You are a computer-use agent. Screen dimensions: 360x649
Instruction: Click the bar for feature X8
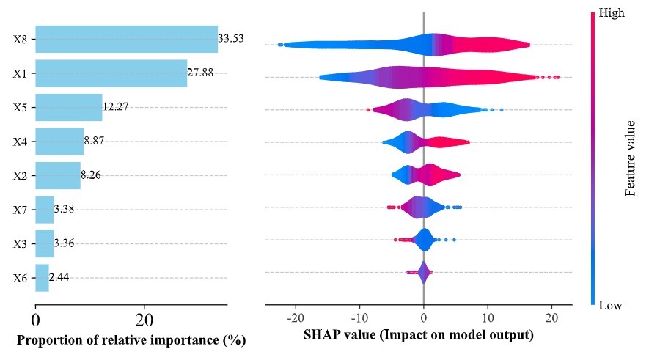point(126,39)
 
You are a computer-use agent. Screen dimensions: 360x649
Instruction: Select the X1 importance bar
point(111,73)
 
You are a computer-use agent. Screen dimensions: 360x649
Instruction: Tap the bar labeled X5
point(68,107)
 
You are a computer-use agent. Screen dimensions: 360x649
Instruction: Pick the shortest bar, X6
point(42,278)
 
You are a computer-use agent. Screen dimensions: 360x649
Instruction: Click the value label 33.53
point(230,38)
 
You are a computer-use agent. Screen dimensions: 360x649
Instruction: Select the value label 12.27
point(116,107)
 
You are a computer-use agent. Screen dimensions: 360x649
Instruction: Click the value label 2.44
point(59,278)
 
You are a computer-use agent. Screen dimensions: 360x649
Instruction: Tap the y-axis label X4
point(21,142)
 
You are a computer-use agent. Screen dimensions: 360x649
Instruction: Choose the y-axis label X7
point(21,210)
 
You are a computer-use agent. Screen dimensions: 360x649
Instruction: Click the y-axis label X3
point(21,244)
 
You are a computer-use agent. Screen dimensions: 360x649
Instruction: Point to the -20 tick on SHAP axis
point(296,319)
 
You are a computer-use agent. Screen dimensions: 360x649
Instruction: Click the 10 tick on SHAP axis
point(488,319)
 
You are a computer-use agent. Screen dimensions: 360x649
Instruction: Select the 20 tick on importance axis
point(144,320)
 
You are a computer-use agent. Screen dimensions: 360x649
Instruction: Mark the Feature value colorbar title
point(630,158)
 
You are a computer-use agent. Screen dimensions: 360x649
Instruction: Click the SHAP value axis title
point(418,337)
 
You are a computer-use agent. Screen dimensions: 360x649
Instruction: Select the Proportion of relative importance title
point(131,340)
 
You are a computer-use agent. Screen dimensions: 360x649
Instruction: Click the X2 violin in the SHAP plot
point(425,175)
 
